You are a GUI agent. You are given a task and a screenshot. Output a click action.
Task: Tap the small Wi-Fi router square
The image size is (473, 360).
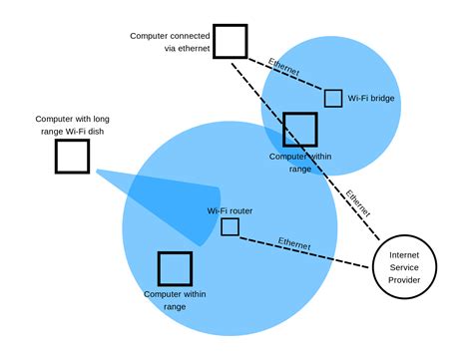(230, 227)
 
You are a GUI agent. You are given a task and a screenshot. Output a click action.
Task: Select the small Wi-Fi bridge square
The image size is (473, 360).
(333, 98)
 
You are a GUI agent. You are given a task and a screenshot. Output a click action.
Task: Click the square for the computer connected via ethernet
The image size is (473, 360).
(231, 41)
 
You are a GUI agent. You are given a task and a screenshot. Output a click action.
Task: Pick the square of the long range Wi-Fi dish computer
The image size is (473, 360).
(72, 157)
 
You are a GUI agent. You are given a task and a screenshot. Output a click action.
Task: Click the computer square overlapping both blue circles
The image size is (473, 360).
(299, 130)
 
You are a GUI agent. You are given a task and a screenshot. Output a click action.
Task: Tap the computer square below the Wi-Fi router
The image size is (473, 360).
(175, 268)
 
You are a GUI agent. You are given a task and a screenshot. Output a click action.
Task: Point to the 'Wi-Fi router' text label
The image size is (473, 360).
(229, 210)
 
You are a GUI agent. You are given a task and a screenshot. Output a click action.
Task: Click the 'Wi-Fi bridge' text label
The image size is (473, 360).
(370, 99)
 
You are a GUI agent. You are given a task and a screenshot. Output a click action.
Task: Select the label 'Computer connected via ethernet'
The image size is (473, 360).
(169, 41)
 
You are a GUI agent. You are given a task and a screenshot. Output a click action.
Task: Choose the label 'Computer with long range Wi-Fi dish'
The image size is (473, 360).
(71, 123)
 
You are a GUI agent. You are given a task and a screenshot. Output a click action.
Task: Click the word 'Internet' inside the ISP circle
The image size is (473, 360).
(404, 254)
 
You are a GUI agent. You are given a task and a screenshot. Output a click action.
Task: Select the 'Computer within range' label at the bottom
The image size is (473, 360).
(175, 300)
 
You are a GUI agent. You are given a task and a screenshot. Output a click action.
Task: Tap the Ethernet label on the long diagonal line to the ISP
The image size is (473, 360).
(358, 202)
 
